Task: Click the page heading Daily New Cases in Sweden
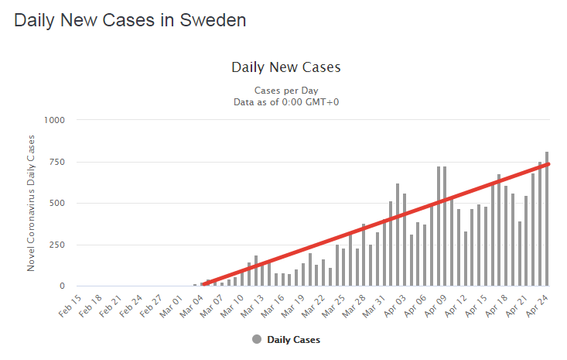pyautogui.click(x=130, y=21)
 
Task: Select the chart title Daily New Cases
pyautogui.click(x=286, y=67)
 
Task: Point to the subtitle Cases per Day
pyautogui.click(x=286, y=90)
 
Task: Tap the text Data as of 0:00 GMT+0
pyautogui.click(x=286, y=101)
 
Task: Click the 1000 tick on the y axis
pyautogui.click(x=54, y=120)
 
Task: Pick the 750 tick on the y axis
pyautogui.click(x=56, y=162)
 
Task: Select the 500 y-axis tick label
pyautogui.click(x=56, y=204)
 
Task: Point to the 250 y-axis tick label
pyautogui.click(x=56, y=245)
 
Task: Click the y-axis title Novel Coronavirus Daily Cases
pyautogui.click(x=32, y=203)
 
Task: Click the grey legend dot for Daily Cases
pyautogui.click(x=257, y=339)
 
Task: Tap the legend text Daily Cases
pyautogui.click(x=293, y=339)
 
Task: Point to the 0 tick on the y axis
pyautogui.click(x=63, y=286)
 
